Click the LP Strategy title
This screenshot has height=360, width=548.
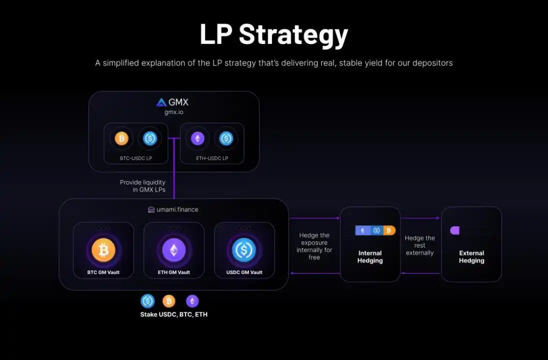pos(273,34)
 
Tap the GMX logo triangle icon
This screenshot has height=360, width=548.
pos(161,102)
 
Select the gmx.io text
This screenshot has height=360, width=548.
pos(174,112)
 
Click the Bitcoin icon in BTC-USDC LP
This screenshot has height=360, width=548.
pos(121,138)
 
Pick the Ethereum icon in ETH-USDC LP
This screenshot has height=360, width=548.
pos(197,138)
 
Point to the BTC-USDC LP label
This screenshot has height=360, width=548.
pos(136,158)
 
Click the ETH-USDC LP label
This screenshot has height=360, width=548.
pos(212,158)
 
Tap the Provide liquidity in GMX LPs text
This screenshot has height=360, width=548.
pos(142,186)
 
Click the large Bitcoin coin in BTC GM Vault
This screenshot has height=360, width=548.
pos(103,250)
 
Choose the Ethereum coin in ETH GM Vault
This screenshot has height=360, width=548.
pos(174,250)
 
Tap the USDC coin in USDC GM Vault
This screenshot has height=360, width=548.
pos(244,250)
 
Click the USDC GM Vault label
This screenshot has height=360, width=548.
pos(244,272)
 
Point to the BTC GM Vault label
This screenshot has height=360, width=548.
pos(103,272)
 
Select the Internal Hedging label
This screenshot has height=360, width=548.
pos(370,256)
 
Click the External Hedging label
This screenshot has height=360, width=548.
pos(471,256)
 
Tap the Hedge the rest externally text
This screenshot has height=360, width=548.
pos(419,245)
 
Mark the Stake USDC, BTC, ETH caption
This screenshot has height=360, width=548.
pos(173,314)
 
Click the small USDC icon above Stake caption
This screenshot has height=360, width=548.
pos(147,301)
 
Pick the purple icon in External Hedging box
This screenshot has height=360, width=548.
pos(454,230)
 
